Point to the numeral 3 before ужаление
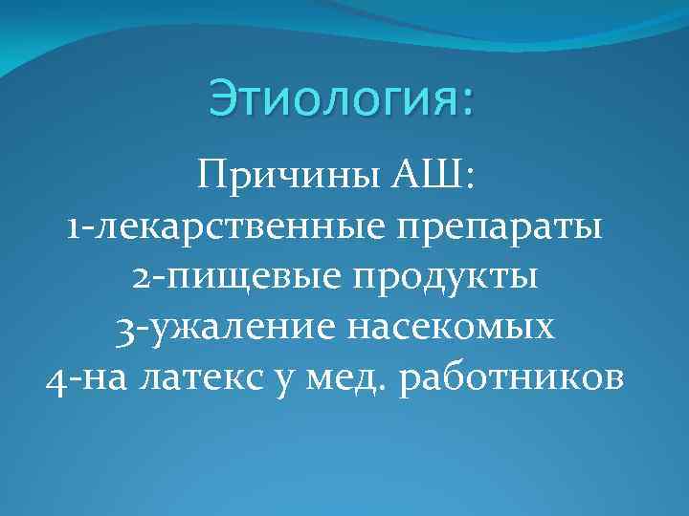[x=123, y=327]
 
